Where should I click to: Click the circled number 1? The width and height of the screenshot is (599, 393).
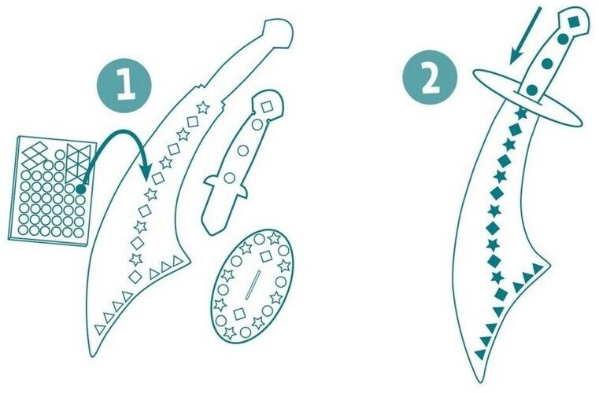[x=124, y=86]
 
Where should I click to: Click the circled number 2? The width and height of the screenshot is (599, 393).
[x=430, y=79]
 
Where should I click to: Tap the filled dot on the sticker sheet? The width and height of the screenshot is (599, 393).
[x=80, y=189]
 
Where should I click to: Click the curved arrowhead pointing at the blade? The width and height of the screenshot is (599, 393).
[x=146, y=171]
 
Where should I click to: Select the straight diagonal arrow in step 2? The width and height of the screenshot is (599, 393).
[x=526, y=35]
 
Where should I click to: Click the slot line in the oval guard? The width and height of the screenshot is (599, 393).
[x=253, y=285]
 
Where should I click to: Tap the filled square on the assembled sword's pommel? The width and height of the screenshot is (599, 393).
[x=574, y=22]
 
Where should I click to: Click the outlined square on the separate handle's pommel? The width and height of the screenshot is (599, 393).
[x=267, y=106]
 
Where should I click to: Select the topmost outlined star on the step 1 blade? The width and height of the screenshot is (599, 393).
[x=203, y=108]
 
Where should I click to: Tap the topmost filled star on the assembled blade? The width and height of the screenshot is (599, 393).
[x=521, y=113]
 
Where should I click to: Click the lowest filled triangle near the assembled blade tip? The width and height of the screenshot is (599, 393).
[x=480, y=354]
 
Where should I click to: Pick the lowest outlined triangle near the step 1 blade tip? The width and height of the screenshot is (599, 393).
[x=100, y=329]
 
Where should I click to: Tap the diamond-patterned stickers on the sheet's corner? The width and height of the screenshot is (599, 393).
[x=35, y=155]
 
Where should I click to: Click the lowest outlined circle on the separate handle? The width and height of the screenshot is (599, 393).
[x=229, y=178]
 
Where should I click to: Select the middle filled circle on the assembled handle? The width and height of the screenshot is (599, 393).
[x=547, y=64]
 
